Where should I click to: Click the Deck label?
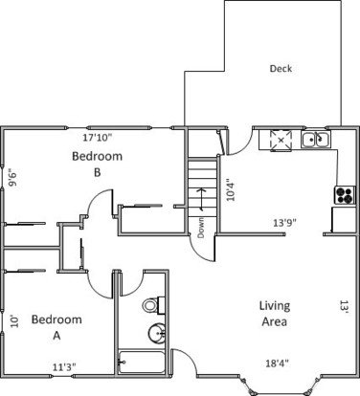(281, 69)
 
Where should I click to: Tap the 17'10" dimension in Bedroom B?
(98, 138)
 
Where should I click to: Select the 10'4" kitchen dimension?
(231, 191)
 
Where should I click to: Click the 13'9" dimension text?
(285, 223)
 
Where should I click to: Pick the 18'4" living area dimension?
(278, 363)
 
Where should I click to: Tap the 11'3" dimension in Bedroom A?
(64, 367)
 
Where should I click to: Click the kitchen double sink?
(316, 140)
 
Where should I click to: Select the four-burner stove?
(345, 195)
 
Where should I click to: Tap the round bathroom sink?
(157, 334)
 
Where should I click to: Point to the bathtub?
(142, 362)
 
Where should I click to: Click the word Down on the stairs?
(201, 228)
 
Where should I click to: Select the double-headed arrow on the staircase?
(201, 199)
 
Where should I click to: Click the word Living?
(275, 306)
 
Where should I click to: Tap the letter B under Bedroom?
(98, 172)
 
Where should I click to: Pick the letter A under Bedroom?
(56, 336)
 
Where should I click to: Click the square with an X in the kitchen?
(281, 140)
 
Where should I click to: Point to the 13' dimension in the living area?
(344, 307)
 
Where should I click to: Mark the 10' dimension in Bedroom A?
(14, 321)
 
